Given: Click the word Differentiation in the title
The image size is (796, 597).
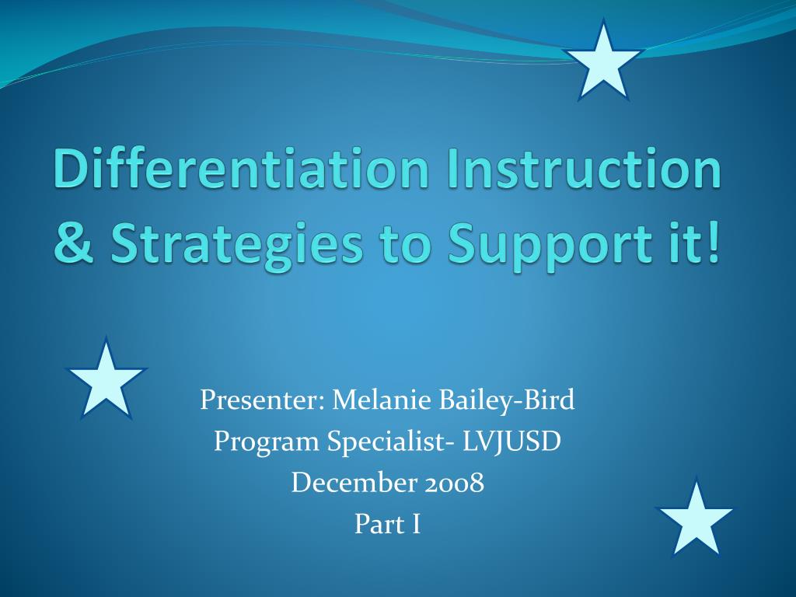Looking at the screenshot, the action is click(x=241, y=169).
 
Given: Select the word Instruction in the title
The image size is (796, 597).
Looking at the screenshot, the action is click(x=584, y=169).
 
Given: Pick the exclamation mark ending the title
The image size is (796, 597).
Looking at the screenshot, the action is click(x=714, y=243).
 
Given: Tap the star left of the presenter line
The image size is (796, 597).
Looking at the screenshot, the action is click(x=106, y=379).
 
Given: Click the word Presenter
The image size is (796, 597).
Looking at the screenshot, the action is click(x=262, y=400).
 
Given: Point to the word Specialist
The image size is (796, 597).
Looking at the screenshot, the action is click(x=390, y=442).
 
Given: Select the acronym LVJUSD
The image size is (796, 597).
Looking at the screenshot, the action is click(x=511, y=442).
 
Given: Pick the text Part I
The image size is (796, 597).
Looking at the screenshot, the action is click(x=387, y=525).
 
